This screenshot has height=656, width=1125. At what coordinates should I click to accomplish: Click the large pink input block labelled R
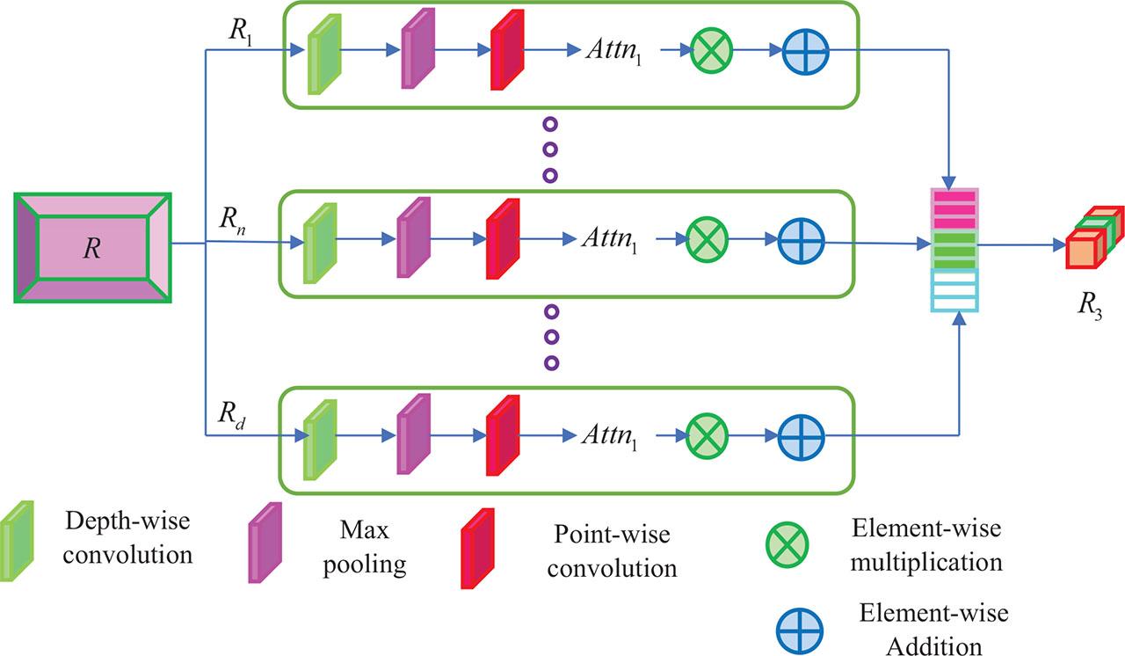[x=92, y=247]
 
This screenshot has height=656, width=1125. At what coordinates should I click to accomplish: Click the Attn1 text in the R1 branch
[x=616, y=51]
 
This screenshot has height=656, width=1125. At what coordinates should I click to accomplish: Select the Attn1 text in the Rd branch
[x=609, y=435]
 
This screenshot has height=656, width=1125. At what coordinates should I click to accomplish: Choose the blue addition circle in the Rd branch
[x=802, y=434]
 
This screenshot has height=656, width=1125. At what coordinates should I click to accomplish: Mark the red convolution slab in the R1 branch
[x=506, y=52]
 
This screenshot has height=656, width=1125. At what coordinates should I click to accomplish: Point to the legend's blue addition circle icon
[x=799, y=630]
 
